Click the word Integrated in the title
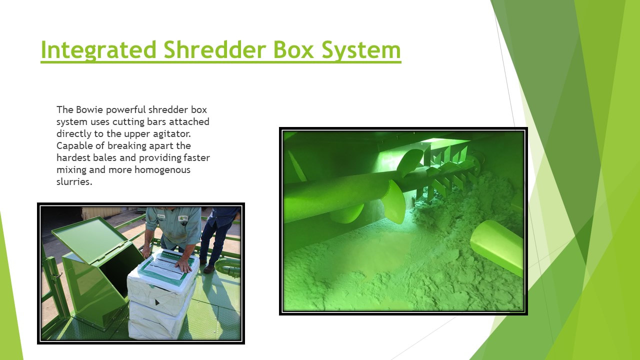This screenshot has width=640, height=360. [98, 50]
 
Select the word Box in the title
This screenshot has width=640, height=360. [293, 49]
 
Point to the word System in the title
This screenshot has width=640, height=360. [361, 50]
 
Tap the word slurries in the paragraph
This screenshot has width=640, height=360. [74, 182]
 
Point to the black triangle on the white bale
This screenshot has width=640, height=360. [157, 302]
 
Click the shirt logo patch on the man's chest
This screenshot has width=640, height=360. [183, 219]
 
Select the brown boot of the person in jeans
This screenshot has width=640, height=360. [209, 269]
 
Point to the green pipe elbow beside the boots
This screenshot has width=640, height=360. [227, 267]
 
